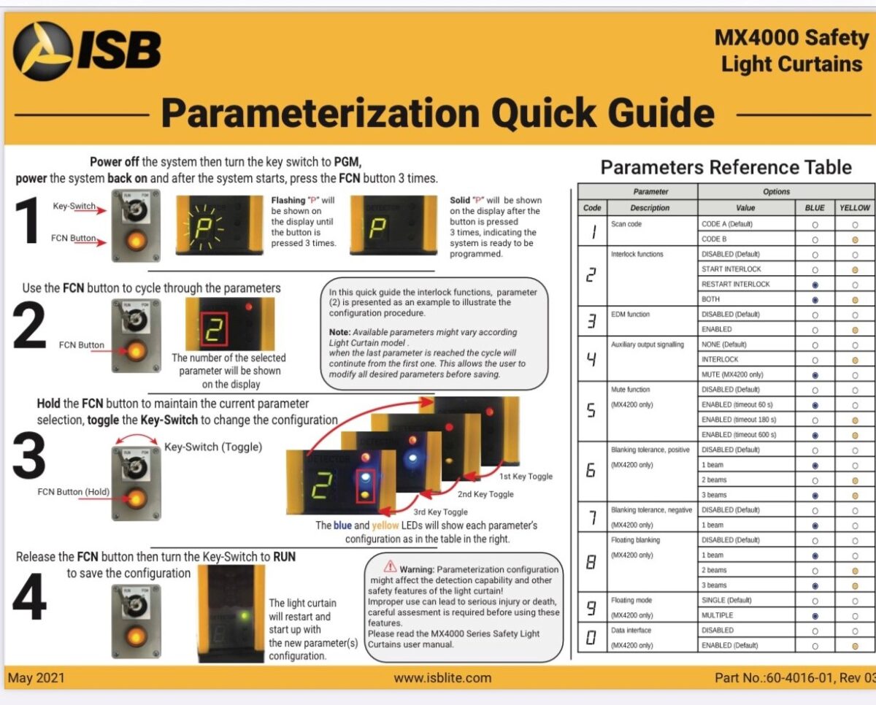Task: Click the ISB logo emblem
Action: [43, 50]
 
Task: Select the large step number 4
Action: [29, 600]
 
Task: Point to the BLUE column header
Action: [814, 208]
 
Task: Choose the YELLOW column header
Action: [855, 208]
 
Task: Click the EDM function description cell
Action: [652, 315]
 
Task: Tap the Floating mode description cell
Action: [652, 601]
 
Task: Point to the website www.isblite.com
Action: [442, 677]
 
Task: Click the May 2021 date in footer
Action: [36, 677]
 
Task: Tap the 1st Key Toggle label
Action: [526, 477]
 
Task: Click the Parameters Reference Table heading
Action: [726, 167]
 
